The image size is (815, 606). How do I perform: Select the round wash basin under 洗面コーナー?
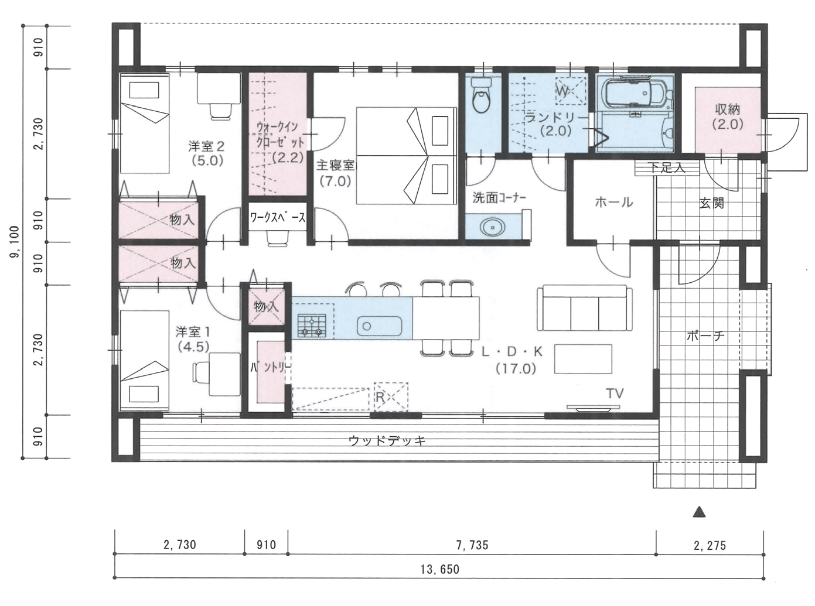(x=492, y=228)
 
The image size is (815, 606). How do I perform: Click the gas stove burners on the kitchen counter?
(x=312, y=326)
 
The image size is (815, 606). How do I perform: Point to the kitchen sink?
(x=379, y=326)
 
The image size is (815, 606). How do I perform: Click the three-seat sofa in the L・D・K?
(x=585, y=308)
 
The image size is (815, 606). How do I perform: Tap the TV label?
(x=615, y=393)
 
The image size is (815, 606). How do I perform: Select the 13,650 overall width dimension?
(x=440, y=570)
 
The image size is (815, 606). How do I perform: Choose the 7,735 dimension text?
(x=472, y=545)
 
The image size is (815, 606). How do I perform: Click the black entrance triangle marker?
(x=699, y=512)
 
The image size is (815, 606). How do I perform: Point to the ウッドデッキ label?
(x=387, y=440)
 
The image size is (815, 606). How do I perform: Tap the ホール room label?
(x=613, y=202)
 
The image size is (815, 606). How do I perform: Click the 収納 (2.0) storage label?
(x=728, y=117)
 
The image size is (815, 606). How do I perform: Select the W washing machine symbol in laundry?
(x=571, y=91)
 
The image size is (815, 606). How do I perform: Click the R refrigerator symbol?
(x=391, y=396)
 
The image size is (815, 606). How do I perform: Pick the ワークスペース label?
(x=277, y=218)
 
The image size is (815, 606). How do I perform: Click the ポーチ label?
(x=705, y=336)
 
